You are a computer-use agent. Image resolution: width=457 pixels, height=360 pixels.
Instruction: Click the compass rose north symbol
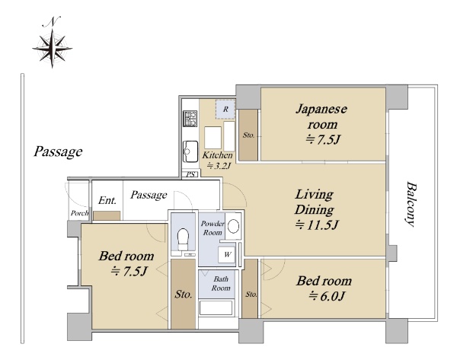click(x=52, y=43)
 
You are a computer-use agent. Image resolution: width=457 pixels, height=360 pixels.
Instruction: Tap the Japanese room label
click(x=321, y=124)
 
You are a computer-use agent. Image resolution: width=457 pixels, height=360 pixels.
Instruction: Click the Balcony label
click(x=411, y=204)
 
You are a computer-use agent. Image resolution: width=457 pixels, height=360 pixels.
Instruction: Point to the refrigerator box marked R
click(x=225, y=110)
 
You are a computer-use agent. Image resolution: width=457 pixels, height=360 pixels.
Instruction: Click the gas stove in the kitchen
click(x=190, y=118)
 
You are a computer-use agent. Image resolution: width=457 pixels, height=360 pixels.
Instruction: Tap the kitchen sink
click(x=190, y=151)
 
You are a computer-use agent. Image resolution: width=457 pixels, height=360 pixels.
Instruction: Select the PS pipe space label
click(x=190, y=174)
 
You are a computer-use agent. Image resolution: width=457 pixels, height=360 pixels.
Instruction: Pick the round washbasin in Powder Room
click(x=234, y=226)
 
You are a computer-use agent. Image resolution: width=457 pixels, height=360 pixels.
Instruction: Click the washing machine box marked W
click(x=227, y=255)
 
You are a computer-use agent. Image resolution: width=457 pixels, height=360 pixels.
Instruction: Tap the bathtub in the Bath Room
click(x=216, y=307)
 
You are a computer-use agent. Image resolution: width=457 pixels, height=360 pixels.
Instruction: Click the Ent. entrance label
click(x=107, y=200)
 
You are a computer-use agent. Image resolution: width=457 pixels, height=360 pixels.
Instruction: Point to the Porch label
click(x=79, y=213)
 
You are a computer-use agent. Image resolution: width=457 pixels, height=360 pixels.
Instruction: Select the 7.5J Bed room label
click(x=126, y=263)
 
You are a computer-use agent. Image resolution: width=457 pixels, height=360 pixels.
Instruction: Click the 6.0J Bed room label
click(x=324, y=288)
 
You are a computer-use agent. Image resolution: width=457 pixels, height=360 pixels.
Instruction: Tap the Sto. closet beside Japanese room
click(x=248, y=135)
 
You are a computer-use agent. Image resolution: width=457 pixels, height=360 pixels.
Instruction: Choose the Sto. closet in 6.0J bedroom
click(x=251, y=288)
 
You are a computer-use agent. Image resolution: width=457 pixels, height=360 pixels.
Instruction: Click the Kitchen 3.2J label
click(x=217, y=160)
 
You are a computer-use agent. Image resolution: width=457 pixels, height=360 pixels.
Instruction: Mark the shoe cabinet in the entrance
click(x=107, y=216)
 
